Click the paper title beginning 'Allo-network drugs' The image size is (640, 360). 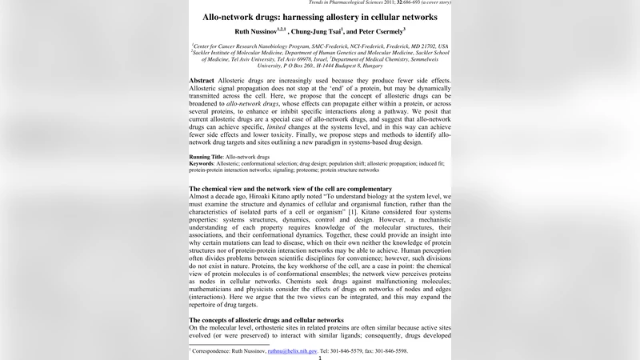point(319,17)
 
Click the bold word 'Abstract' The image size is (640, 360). point(201,82)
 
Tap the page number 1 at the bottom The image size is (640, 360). point(320,358)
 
